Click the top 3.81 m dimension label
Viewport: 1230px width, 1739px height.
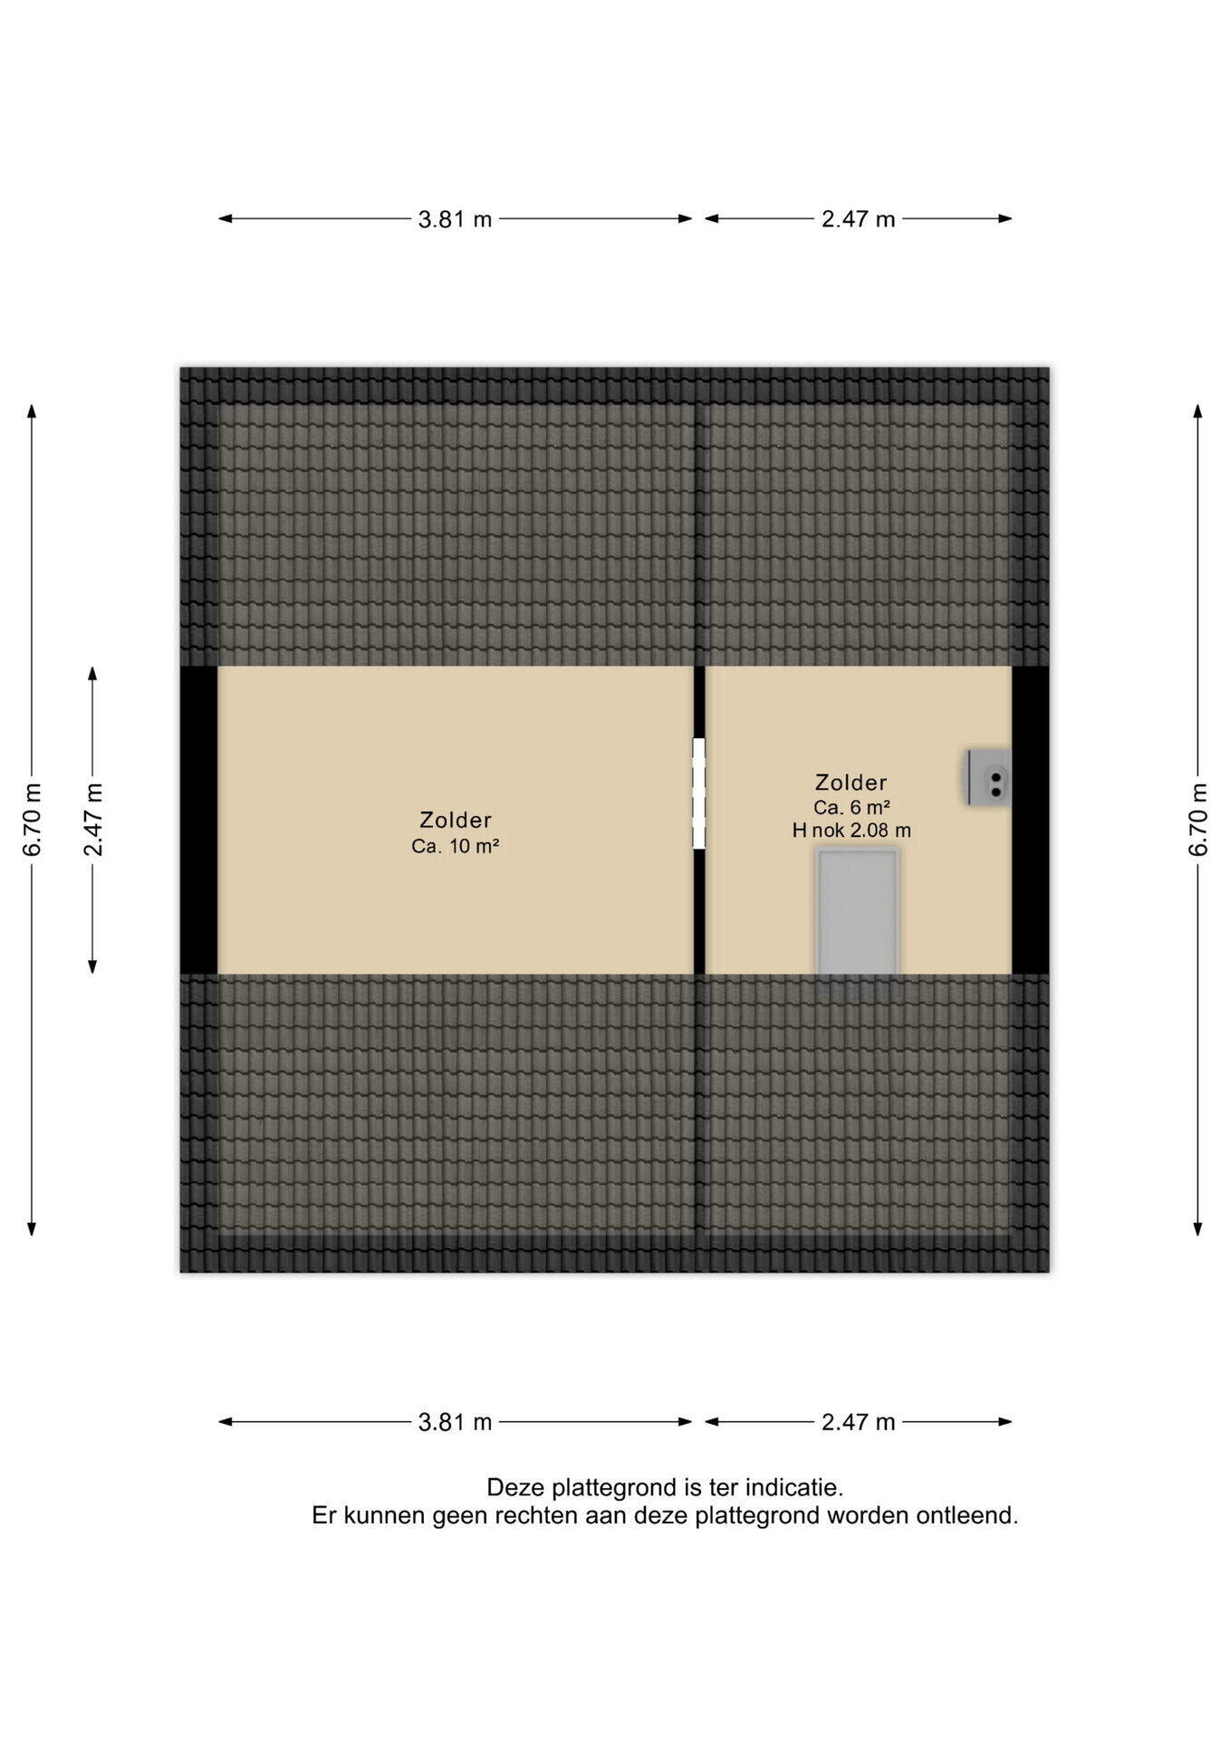455,219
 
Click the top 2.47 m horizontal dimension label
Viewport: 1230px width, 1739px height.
858,219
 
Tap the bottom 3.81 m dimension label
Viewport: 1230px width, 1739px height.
455,1422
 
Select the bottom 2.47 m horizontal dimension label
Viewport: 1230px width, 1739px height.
858,1422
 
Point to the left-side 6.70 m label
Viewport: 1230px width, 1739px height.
33,819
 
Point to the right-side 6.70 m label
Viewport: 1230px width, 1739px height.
1198,819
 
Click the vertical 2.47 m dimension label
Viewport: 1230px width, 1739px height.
93,819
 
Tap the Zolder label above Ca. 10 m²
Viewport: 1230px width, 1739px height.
456,820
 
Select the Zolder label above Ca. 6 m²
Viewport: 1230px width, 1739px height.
851,782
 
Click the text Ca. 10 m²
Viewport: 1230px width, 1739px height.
456,846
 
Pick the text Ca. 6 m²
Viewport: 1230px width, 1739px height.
851,807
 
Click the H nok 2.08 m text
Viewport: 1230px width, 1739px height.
851,830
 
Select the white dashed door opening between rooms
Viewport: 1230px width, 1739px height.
699,793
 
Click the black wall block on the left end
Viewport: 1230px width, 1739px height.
198,820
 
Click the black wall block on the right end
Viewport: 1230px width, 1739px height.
1031,820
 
